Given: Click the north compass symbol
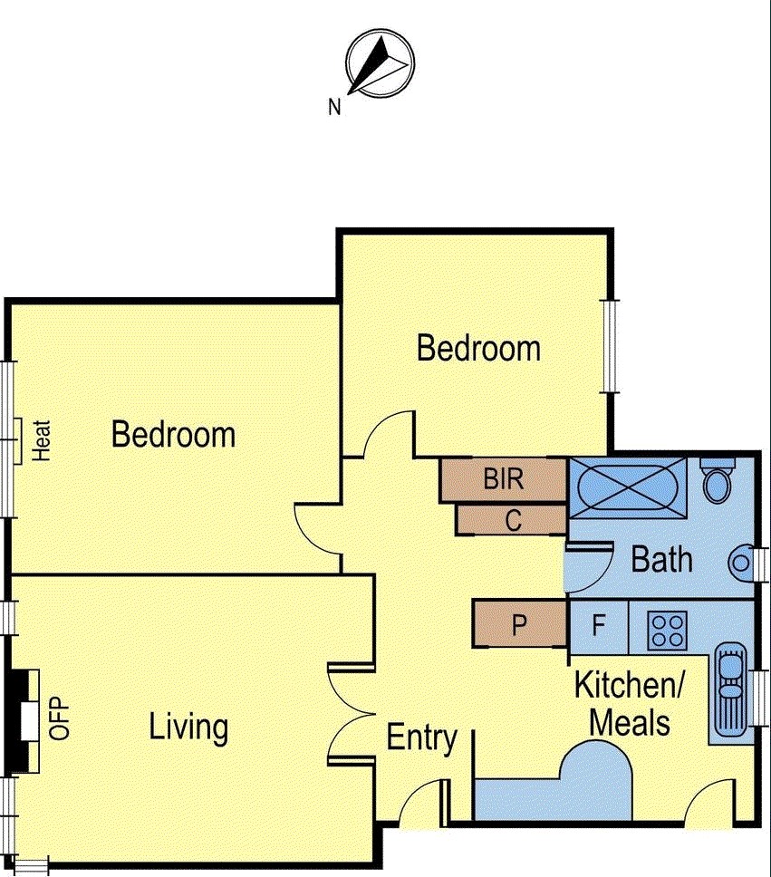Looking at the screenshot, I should [380, 63].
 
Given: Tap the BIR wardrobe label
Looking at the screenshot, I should [503, 478].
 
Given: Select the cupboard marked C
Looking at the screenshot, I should [513, 520].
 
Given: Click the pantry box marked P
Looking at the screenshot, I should [519, 625].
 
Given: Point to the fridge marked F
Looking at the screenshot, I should [598, 625].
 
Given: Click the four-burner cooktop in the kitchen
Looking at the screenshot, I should [668, 630].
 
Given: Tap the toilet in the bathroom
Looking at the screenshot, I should [718, 481].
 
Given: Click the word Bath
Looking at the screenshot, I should [661, 559].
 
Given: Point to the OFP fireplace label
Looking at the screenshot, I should [60, 718].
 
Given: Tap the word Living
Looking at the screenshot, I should [188, 727].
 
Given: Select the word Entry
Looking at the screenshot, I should [421, 737].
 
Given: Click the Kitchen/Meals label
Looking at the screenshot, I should [631, 704].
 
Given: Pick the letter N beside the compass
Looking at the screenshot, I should [334, 108].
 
